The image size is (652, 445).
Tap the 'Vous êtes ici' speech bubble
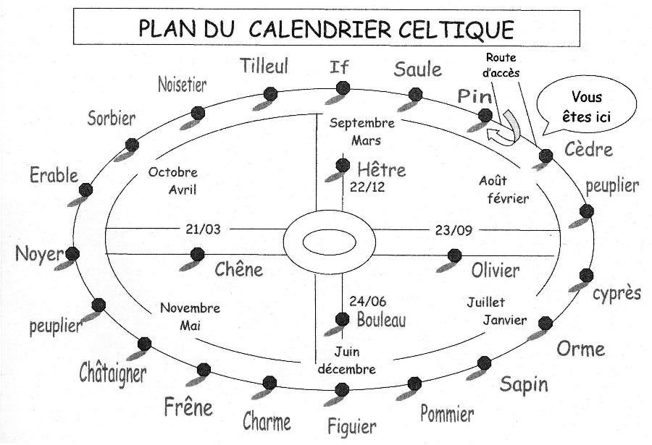pyautogui.click(x=587, y=106)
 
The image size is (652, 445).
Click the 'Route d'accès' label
pyautogui.click(x=502, y=65)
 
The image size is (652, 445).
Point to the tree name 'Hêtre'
pyautogui.click(x=382, y=171)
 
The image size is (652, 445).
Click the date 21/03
pyautogui.click(x=203, y=230)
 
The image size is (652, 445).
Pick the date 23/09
pyautogui.click(x=454, y=230)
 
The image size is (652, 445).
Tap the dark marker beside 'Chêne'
pyautogui.click(x=197, y=254)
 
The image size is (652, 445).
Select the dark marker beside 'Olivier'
pyautogui.click(x=455, y=255)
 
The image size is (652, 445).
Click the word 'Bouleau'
pyautogui.click(x=381, y=319)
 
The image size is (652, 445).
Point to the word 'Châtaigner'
pyautogui.click(x=112, y=373)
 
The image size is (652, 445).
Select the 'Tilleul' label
pyautogui.click(x=264, y=67)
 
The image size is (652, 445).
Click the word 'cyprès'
pyautogui.click(x=617, y=294)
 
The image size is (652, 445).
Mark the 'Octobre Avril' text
pyautogui.click(x=172, y=181)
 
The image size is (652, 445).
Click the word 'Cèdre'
pyautogui.click(x=588, y=151)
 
